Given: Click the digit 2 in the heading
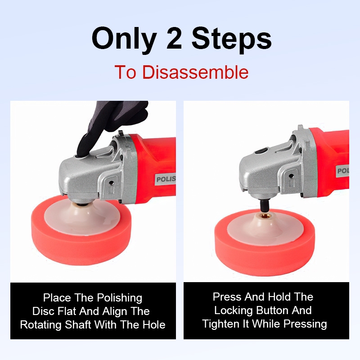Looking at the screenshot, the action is coord(174,38).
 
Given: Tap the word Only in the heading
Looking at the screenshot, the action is coord(124,39).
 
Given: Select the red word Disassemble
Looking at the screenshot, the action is coord(195,72).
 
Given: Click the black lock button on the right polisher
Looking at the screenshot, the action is coord(261,152).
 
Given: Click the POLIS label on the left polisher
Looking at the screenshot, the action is coord(166,179).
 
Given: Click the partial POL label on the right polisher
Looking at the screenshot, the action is coord(343,171).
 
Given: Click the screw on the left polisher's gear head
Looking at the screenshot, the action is coord(111,183).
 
